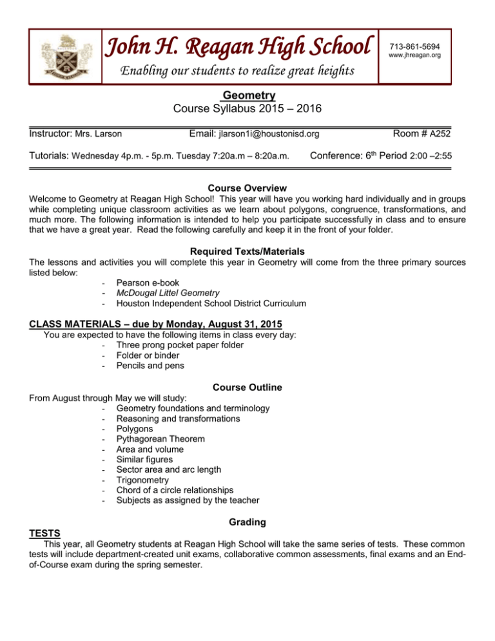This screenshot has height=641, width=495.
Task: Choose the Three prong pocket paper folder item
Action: click(171, 345)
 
